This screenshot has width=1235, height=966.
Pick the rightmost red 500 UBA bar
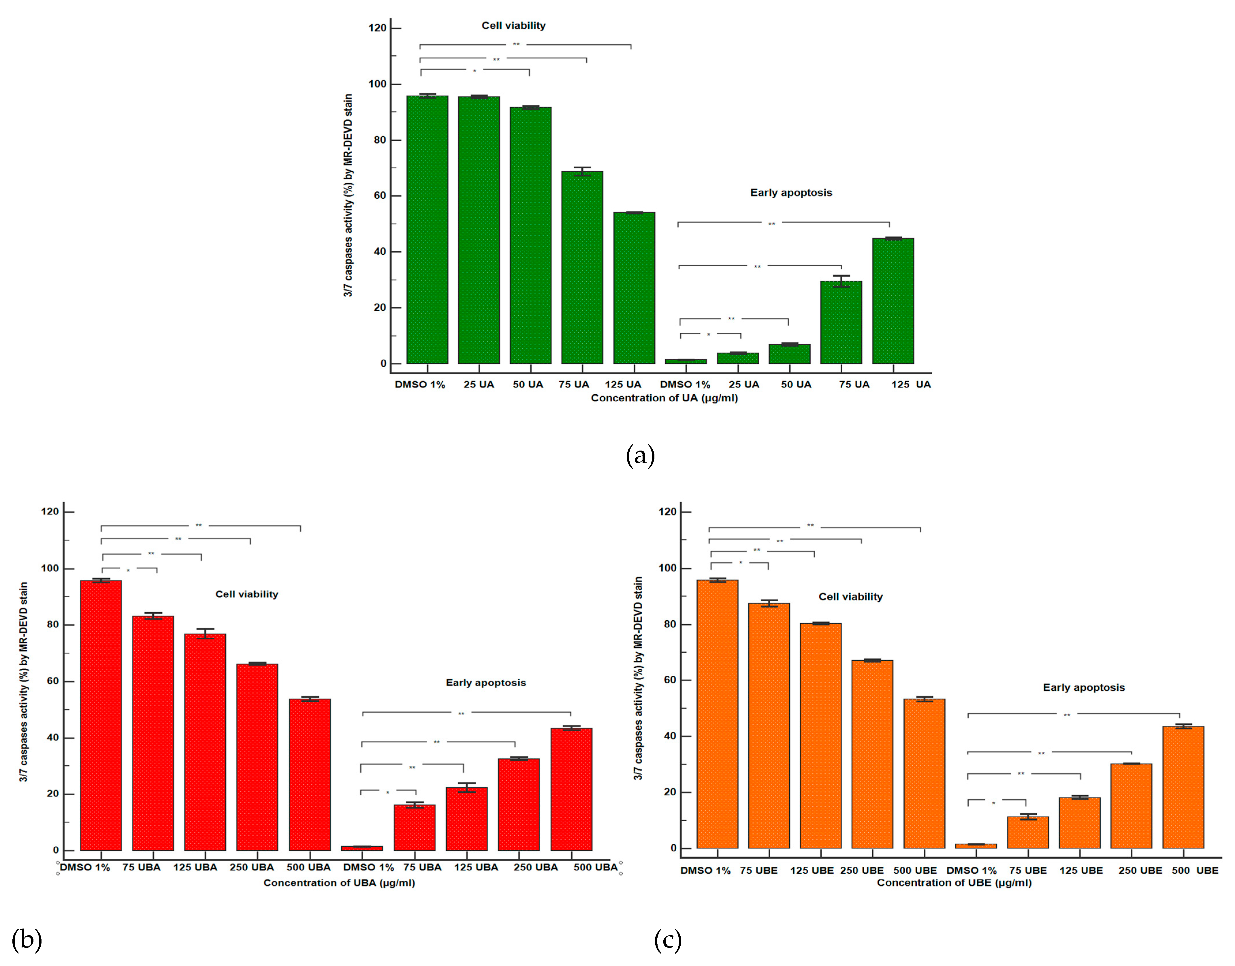coord(571,789)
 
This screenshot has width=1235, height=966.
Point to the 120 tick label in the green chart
coord(377,28)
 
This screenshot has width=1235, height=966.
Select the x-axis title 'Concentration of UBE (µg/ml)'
coord(954,883)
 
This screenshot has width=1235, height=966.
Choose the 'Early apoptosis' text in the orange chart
coord(1083,688)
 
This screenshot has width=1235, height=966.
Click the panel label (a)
coord(640,455)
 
